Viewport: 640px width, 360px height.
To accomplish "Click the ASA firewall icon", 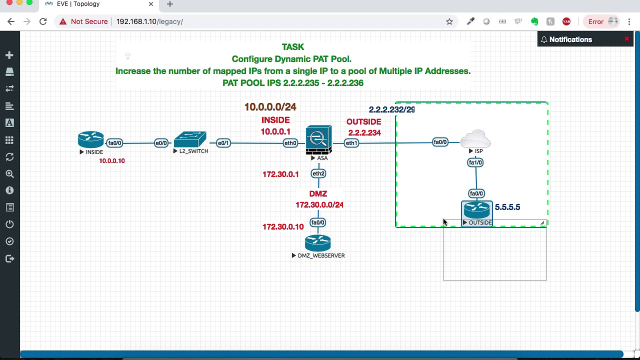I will click(318, 140).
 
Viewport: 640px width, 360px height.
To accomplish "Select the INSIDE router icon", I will click(90, 139).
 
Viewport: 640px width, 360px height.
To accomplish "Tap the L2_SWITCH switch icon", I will click(190, 139).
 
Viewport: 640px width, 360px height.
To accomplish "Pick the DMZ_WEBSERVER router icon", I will click(318, 243).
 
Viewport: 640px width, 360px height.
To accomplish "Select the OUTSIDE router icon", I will click(476, 210).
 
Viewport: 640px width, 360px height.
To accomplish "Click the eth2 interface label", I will click(318, 173).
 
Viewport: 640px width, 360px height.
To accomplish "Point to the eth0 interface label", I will click(290, 143).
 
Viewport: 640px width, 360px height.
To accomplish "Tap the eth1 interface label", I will click(351, 143).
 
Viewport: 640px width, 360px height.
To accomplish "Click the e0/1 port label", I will click(223, 143).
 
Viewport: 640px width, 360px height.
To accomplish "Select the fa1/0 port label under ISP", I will click(475, 162).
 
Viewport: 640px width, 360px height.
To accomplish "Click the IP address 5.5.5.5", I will click(507, 207).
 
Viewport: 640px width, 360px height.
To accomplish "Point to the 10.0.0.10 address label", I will click(112, 161).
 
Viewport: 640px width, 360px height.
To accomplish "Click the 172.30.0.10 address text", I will click(283, 227).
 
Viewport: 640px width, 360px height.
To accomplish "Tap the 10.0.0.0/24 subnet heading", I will click(270, 107).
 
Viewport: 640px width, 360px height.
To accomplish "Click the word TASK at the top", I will click(293, 47).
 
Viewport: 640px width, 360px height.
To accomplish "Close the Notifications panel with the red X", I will click(626, 39).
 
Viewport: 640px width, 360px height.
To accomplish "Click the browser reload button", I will click(43, 21).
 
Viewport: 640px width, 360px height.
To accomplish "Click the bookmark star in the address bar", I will click(449, 21).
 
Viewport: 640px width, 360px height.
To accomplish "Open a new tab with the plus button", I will click(170, 4).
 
